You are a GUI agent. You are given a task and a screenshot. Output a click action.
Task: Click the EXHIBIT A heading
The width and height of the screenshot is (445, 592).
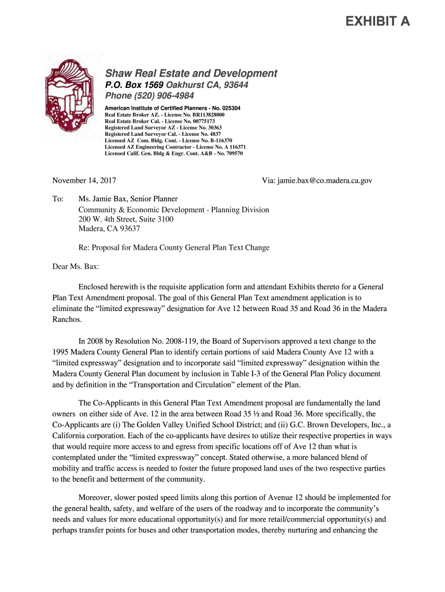377,22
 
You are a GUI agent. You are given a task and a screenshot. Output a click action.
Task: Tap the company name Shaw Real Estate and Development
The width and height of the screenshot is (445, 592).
191,73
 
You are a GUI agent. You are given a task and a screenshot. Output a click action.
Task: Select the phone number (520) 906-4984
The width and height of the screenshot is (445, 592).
167,95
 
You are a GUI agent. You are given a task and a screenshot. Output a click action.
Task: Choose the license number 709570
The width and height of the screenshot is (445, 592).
231,154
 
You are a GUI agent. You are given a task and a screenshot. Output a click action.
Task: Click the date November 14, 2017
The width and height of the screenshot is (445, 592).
84,181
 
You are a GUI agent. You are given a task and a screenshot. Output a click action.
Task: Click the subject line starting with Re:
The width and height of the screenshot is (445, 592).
174,248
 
